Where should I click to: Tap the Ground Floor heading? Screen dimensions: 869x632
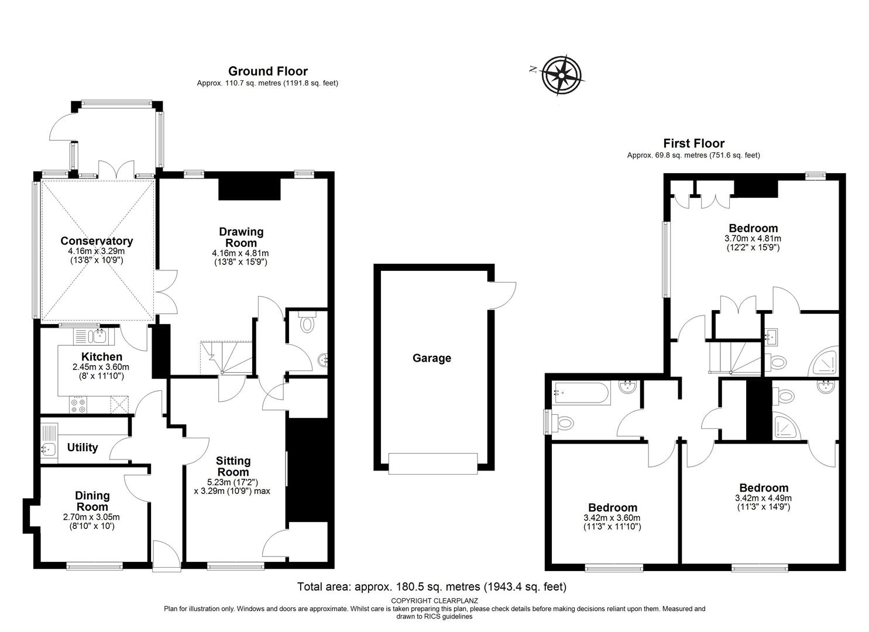pyautogui.click(x=267, y=71)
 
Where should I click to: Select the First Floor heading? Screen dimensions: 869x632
pyautogui.click(x=693, y=143)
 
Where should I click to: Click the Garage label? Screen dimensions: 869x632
pyautogui.click(x=432, y=358)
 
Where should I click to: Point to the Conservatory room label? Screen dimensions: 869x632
pyautogui.click(x=97, y=241)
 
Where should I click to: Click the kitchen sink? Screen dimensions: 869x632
pyautogui.click(x=94, y=336)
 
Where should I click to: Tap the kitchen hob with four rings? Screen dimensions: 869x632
pyautogui.click(x=78, y=404)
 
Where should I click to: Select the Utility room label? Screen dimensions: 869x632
pyautogui.click(x=83, y=447)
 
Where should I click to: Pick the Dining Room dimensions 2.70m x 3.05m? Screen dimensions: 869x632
pyautogui.click(x=91, y=517)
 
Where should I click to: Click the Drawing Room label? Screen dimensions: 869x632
pyautogui.click(x=241, y=237)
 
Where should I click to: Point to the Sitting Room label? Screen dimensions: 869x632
pyautogui.click(x=233, y=466)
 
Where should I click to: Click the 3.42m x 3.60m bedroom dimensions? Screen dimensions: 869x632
pyautogui.click(x=612, y=518)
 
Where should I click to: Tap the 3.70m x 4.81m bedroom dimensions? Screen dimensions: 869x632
pyautogui.click(x=753, y=239)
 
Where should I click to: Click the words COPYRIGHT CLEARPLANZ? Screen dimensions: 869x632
pyautogui.click(x=434, y=601)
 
